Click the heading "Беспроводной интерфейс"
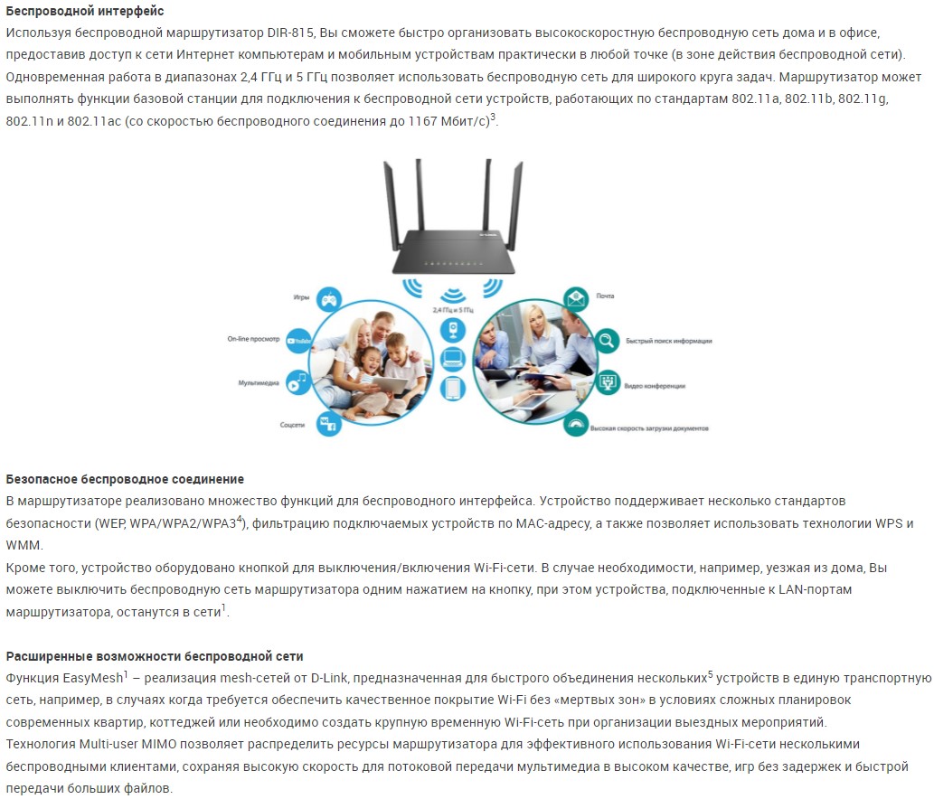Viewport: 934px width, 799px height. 85,11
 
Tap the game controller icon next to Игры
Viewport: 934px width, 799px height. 328,297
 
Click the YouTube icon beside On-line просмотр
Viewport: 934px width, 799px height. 299,341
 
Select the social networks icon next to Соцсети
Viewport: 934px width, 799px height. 327,423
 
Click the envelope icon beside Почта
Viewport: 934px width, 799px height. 576,297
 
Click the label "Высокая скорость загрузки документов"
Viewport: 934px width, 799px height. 649,428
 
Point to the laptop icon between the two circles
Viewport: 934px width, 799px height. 453,359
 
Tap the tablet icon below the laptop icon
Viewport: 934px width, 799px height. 453,389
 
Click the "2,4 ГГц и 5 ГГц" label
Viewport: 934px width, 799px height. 453,310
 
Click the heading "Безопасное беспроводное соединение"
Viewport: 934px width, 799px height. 125,479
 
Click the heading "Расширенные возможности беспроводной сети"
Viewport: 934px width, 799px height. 155,656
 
